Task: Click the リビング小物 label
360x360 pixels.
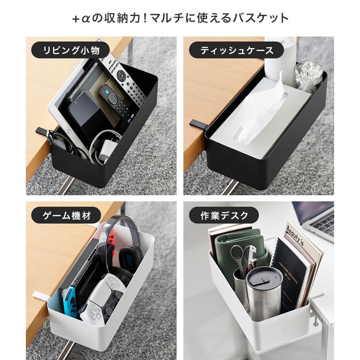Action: click(70, 51)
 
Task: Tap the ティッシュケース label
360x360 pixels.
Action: click(236, 51)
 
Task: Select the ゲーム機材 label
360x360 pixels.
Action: click(66, 215)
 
